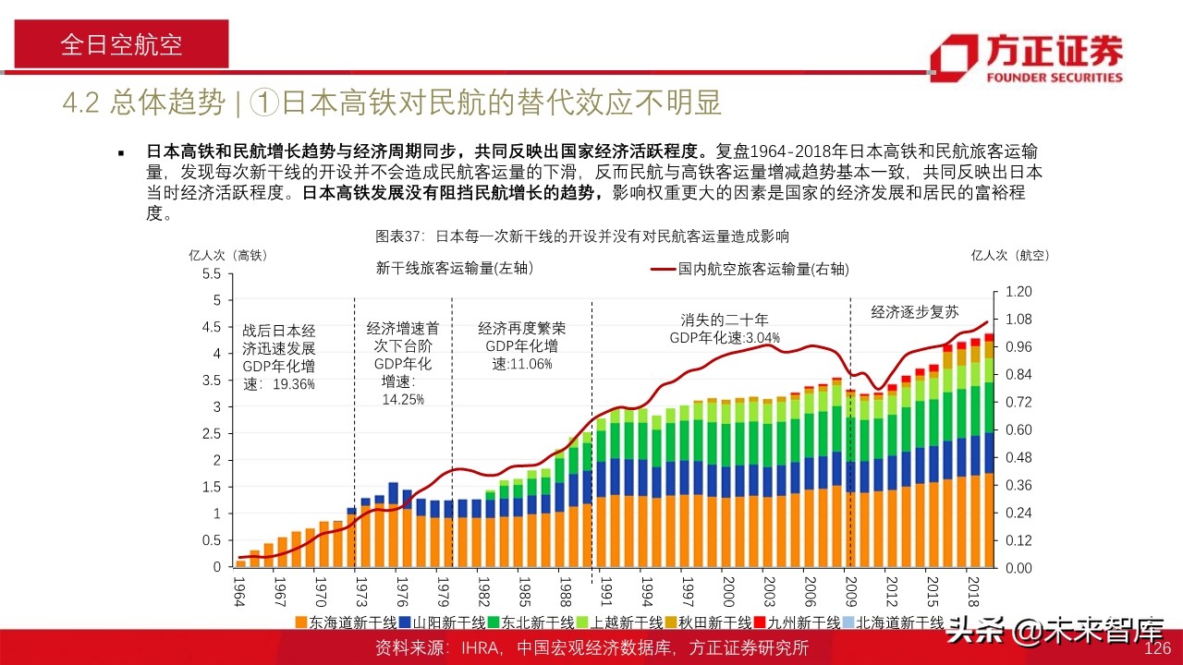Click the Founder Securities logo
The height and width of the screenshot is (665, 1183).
tap(1026, 57)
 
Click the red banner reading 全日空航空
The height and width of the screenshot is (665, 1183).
tap(121, 45)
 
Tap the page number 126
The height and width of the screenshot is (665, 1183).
tap(1158, 648)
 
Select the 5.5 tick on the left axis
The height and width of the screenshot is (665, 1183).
tap(211, 274)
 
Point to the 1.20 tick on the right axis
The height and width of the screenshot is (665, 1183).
tap(1017, 292)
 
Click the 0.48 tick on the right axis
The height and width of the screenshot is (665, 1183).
tap(1017, 457)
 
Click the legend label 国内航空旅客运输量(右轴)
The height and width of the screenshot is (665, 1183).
tap(762, 270)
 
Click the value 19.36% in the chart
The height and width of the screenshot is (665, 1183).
tap(294, 384)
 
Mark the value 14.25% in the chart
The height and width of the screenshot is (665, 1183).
tap(403, 399)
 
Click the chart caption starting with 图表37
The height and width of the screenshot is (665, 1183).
tap(582, 236)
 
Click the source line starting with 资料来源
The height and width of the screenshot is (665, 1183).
tap(591, 648)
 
